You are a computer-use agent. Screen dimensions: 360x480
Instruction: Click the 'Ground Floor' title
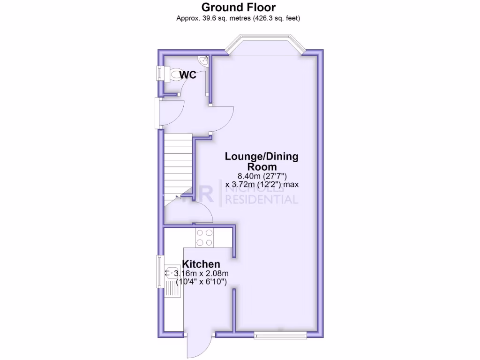coord(239,7)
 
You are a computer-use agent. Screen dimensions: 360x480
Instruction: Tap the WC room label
coord(187,75)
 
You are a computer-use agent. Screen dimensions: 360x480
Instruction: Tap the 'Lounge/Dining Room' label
coord(262,161)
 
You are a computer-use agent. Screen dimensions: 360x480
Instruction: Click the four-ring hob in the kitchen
coord(205,237)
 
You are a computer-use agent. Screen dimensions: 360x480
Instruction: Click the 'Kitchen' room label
coord(201,264)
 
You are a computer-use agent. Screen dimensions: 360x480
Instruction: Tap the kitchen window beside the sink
coord(158,272)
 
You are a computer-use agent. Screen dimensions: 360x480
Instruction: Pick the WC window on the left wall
coord(159,75)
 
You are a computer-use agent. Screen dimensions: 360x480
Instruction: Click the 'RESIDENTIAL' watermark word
coord(262,200)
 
